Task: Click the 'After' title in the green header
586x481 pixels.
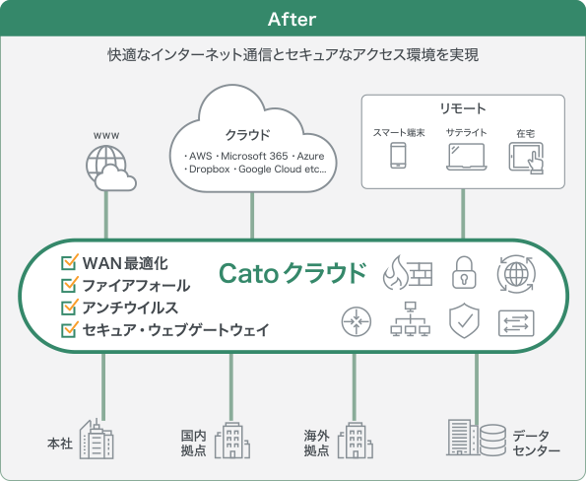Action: coord(293,19)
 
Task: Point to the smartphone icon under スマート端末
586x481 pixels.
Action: coord(398,157)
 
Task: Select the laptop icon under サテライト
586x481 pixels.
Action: coord(464,157)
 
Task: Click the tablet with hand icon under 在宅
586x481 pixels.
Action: coord(526,157)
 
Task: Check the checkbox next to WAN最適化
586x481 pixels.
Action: coord(69,263)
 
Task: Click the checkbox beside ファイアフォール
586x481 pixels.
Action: coord(69,285)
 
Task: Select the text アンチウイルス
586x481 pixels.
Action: coord(130,308)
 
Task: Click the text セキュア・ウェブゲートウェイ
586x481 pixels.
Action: coord(175,329)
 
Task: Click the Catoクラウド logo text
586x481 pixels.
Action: coord(293,273)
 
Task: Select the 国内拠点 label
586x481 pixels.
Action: coord(193,443)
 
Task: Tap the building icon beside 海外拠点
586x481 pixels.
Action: coord(353,441)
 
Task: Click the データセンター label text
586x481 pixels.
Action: coord(537,443)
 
